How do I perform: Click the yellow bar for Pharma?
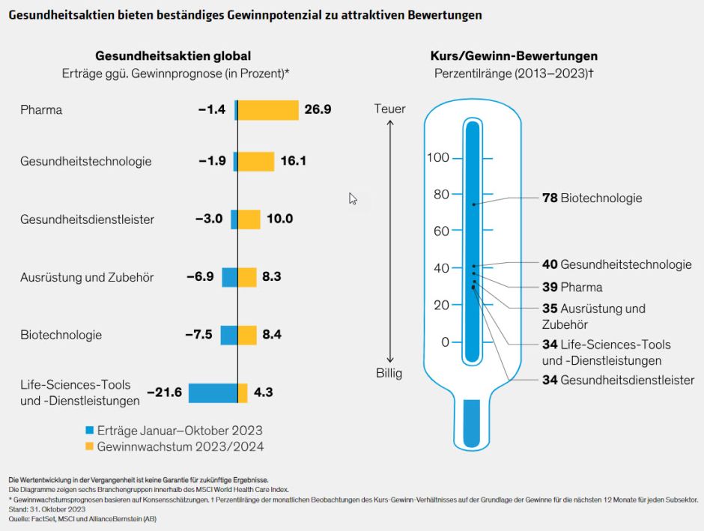pyautogui.click(x=268, y=110)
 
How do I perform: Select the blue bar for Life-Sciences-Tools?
pyautogui.click(x=213, y=393)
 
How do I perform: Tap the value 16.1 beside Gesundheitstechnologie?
pyautogui.click(x=293, y=161)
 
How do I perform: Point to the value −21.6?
pyautogui.click(x=165, y=392)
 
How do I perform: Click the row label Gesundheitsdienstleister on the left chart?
pyautogui.click(x=87, y=219)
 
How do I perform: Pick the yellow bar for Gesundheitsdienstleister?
pyautogui.click(x=249, y=219)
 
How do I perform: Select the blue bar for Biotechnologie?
pyautogui.click(x=228, y=335)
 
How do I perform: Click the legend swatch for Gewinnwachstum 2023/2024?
pyautogui.click(x=89, y=446)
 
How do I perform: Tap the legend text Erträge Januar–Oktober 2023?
pyautogui.click(x=180, y=431)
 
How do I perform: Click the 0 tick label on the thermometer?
pyautogui.click(x=444, y=342)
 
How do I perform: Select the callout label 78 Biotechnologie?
pyautogui.click(x=592, y=198)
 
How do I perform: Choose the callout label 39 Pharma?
pyautogui.click(x=572, y=287)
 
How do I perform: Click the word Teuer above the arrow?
pyautogui.click(x=389, y=109)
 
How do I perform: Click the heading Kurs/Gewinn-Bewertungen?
pyautogui.click(x=514, y=56)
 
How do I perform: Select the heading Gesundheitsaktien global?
pyautogui.click(x=173, y=56)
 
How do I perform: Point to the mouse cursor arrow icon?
pyautogui.click(x=353, y=198)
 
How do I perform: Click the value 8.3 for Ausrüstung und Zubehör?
pyautogui.click(x=272, y=277)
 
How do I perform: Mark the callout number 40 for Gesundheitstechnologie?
pyautogui.click(x=550, y=264)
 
